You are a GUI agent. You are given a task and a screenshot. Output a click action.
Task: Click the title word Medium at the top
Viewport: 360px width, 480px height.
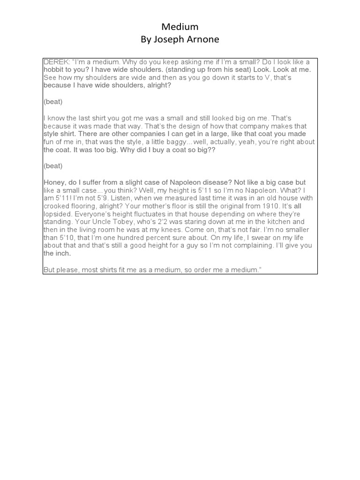pyautogui.click(x=180, y=28)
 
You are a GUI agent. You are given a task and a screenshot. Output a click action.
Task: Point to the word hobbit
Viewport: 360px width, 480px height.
pyautogui.click(x=54, y=69)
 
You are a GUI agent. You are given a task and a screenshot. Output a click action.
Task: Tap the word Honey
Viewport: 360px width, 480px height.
pyautogui.click(x=53, y=182)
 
